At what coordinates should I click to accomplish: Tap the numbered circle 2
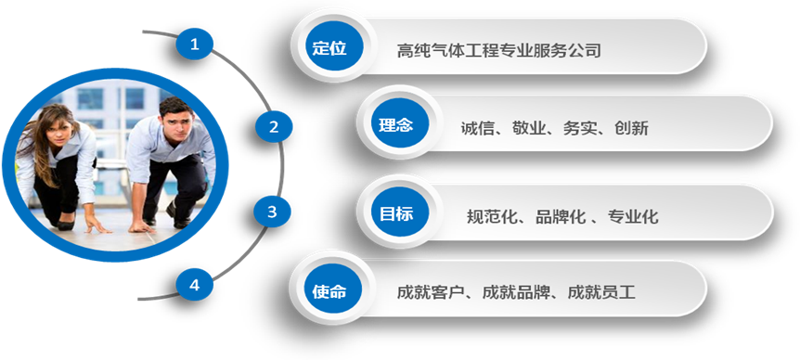coord(273,127)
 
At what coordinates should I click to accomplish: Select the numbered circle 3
coord(272,212)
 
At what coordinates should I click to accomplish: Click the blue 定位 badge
coord(329,48)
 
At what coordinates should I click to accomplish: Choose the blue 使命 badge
coord(329,291)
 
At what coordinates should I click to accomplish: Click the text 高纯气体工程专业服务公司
coord(498,50)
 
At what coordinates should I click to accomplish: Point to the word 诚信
coord(479,129)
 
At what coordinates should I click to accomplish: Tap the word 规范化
coord(492,217)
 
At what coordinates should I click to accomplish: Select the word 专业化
coord(633,217)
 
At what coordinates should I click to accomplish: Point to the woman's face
coord(57,125)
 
